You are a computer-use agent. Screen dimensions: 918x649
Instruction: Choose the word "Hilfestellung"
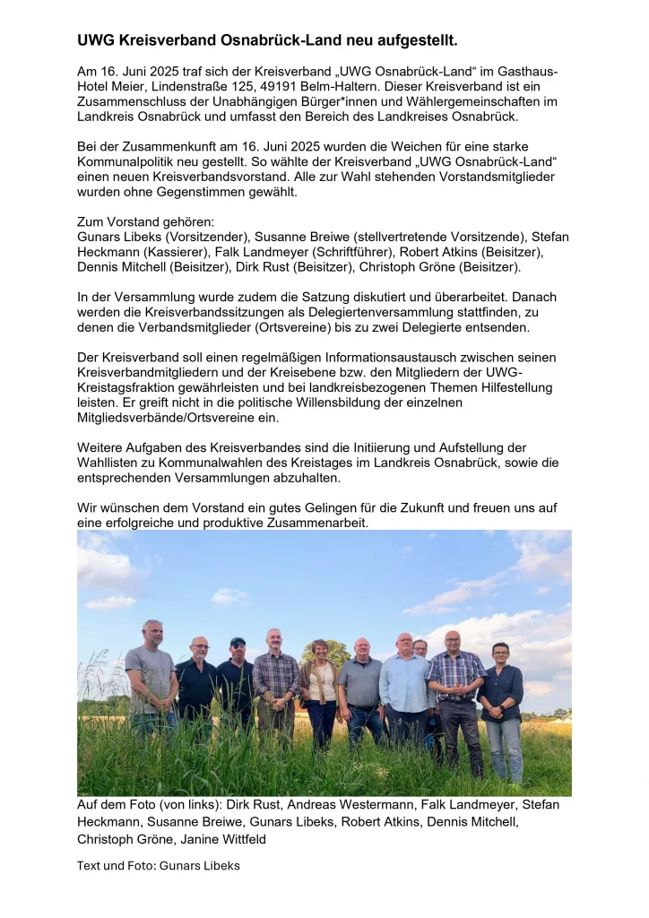point(501,387)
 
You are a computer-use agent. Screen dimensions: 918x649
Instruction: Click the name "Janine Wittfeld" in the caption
point(229,839)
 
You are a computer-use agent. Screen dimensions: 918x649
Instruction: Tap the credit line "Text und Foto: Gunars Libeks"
point(159,866)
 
